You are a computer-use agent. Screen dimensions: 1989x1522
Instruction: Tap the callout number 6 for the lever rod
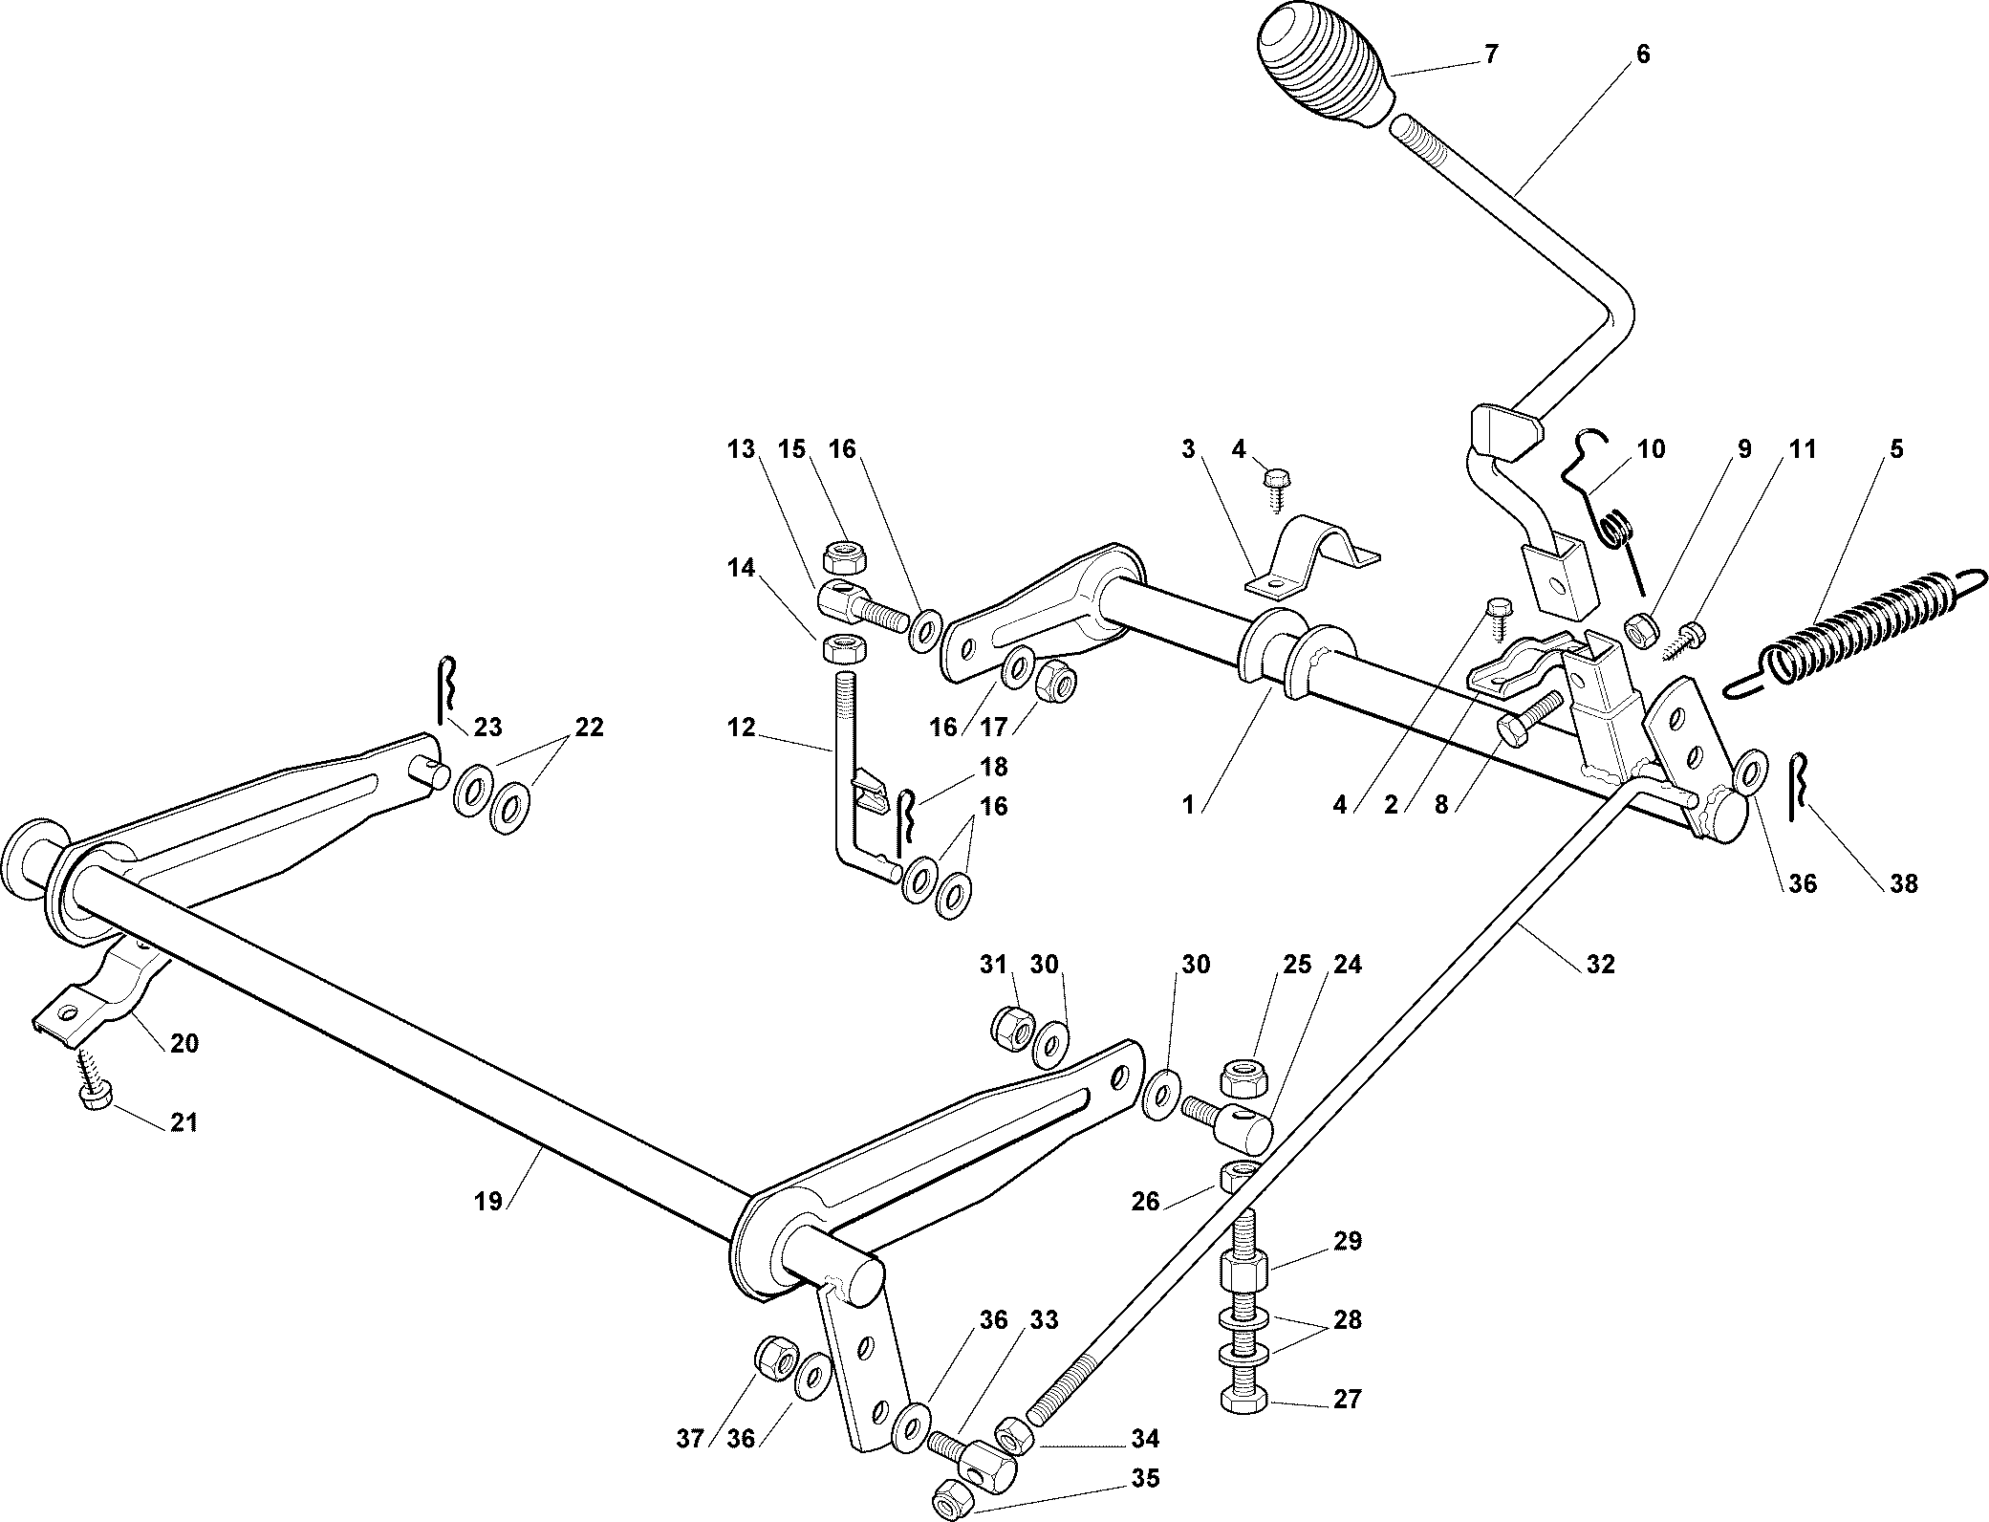pyautogui.click(x=1642, y=54)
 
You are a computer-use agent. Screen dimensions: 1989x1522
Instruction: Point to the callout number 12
pyautogui.click(x=741, y=728)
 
